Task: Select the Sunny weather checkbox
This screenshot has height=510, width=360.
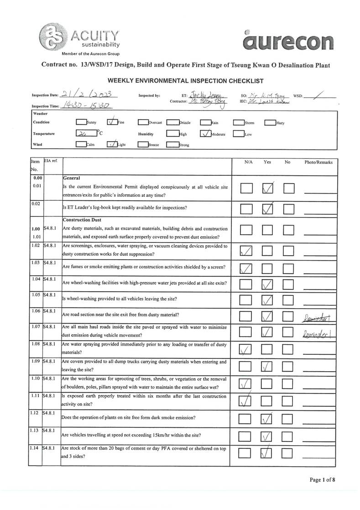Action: pyautogui.click(x=81, y=122)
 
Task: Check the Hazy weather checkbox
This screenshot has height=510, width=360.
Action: pyautogui.click(x=270, y=122)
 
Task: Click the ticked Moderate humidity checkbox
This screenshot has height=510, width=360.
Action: pyautogui.click(x=205, y=134)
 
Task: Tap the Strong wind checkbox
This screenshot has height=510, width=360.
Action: pyautogui.click(x=172, y=145)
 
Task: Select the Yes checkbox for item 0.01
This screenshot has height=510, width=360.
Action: pyautogui.click(x=268, y=188)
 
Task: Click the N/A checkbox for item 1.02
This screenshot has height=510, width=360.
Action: pyautogui.click(x=246, y=250)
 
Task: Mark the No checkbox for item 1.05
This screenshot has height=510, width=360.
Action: pyautogui.click(x=288, y=300)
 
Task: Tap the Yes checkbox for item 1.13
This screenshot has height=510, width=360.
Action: pyautogui.click(x=268, y=436)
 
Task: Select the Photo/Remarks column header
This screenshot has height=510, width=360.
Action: pyautogui.click(x=318, y=162)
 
